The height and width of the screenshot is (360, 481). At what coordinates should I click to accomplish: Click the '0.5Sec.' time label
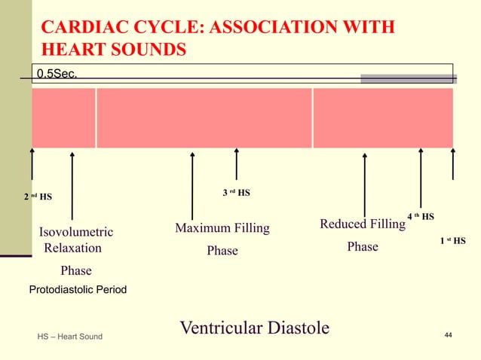click(58, 73)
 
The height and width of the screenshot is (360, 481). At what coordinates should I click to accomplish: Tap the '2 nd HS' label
click(38, 197)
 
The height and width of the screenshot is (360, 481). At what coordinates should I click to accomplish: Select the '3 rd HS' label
click(236, 193)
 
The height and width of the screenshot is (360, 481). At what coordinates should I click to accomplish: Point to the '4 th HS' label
click(421, 217)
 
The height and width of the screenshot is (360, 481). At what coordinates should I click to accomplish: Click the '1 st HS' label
click(452, 241)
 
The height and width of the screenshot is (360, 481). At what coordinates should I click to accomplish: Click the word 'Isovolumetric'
click(76, 231)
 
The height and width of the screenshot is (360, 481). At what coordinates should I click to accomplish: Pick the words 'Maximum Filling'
click(222, 228)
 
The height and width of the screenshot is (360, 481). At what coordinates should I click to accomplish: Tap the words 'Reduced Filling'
click(363, 224)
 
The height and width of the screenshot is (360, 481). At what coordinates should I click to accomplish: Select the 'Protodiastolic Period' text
click(78, 289)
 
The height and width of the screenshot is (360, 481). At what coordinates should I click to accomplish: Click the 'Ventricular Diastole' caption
click(255, 328)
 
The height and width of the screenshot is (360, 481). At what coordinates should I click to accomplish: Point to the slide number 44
click(448, 334)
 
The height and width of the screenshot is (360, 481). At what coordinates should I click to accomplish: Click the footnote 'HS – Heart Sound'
click(70, 335)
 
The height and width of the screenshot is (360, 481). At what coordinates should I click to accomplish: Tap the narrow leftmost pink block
click(63, 117)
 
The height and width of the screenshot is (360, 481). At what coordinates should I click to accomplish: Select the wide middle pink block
click(204, 117)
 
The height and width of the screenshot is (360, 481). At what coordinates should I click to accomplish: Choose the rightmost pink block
click(383, 117)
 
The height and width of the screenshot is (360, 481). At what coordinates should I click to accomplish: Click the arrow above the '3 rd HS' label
click(236, 163)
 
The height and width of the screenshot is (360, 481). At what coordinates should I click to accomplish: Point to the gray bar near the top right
click(408, 78)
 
